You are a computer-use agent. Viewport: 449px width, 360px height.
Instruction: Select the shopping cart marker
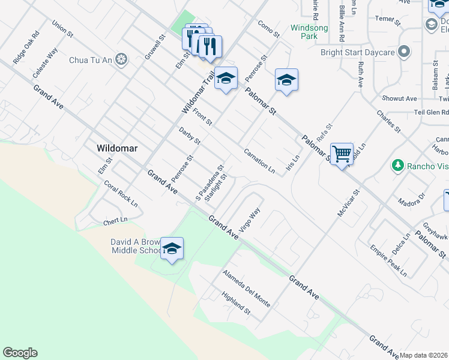point(342,154)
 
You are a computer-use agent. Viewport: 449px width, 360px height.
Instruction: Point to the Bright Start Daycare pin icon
point(404,52)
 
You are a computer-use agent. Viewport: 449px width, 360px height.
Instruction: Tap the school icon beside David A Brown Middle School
point(172,249)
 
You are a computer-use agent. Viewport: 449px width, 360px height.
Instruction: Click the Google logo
point(20,353)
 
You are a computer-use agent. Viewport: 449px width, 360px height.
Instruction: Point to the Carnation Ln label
point(259,161)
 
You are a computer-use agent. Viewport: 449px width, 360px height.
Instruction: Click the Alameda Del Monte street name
point(246,289)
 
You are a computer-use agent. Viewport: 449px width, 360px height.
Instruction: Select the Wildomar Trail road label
point(198,93)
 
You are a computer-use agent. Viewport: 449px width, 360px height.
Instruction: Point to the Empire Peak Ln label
point(388,260)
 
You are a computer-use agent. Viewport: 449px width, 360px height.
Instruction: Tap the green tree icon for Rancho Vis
point(396,165)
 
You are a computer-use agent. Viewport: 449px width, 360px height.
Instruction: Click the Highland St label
point(235,303)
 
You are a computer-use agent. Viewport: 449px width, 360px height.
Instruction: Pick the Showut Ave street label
point(399,98)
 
